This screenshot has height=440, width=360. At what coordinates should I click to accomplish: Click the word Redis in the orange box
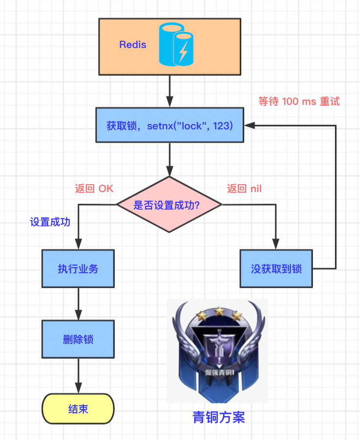[x=132, y=45]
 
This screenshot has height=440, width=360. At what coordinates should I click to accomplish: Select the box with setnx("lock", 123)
[x=170, y=125]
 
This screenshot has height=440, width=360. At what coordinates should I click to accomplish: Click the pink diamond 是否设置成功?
[x=170, y=205]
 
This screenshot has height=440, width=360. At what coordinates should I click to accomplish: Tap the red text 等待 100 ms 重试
[x=299, y=101]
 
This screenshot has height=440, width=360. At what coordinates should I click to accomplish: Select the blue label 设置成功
[x=50, y=222]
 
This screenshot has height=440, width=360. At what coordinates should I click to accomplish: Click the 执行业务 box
[x=78, y=269]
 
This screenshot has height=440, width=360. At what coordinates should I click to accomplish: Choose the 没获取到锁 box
[x=276, y=269]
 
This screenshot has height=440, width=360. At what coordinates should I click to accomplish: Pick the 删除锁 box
[x=78, y=339]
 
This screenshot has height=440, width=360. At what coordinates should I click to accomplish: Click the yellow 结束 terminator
[x=78, y=409]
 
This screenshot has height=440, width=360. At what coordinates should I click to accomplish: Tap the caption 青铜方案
[x=218, y=417]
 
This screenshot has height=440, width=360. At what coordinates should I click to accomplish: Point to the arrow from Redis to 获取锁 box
[x=170, y=91]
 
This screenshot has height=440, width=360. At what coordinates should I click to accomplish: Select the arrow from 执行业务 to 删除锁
[x=78, y=304]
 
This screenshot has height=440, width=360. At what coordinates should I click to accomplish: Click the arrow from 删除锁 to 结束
[x=78, y=375]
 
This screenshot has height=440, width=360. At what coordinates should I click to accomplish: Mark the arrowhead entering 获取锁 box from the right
[x=249, y=125]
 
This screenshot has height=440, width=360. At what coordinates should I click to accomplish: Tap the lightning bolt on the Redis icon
[x=183, y=51]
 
